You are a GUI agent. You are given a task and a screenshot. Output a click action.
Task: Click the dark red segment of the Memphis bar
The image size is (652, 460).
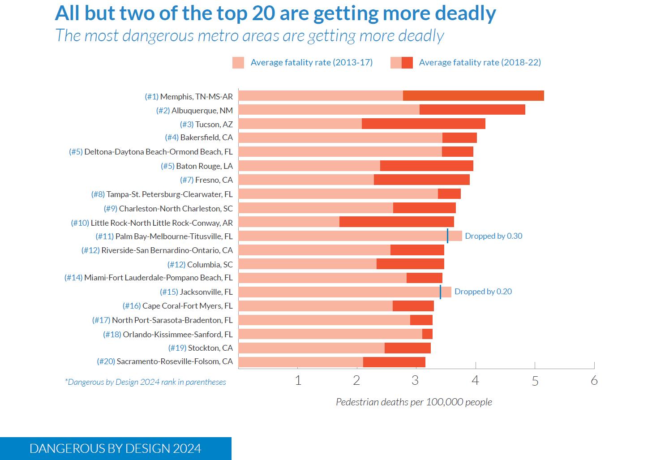click(x=473, y=96)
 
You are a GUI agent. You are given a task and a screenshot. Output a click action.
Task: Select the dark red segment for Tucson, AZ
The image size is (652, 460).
click(x=423, y=124)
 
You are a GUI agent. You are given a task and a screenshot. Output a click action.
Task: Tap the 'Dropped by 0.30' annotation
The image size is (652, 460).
click(x=493, y=236)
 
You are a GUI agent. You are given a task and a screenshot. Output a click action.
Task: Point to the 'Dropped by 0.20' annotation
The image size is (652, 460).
click(x=483, y=292)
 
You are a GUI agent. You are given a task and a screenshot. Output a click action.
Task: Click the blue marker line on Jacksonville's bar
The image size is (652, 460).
click(x=440, y=292)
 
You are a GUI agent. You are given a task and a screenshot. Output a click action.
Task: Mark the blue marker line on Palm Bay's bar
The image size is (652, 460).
click(x=447, y=236)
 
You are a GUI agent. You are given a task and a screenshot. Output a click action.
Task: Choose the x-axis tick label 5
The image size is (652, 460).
click(x=535, y=381)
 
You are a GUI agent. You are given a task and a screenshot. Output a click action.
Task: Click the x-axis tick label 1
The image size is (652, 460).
click(x=298, y=381)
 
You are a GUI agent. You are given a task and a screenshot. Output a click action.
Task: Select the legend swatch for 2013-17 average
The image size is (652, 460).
click(x=238, y=63)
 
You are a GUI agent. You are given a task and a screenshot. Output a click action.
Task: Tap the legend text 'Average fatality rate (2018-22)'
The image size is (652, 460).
click(x=480, y=62)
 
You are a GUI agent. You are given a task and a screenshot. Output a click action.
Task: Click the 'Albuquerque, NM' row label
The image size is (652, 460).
click(x=202, y=110)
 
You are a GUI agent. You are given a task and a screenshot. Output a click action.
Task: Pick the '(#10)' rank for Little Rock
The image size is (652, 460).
click(x=80, y=223)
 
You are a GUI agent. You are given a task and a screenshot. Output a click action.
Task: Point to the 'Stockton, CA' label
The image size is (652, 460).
click(x=210, y=348)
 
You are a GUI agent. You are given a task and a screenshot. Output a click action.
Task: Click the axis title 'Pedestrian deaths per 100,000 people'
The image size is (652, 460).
click(x=414, y=402)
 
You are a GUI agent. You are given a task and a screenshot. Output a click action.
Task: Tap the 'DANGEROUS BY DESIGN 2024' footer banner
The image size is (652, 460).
click(x=116, y=448)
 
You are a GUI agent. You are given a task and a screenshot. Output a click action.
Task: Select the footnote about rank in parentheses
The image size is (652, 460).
click(x=146, y=382)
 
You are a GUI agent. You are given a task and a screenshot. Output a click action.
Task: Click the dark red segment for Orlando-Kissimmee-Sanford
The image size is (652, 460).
click(x=427, y=334)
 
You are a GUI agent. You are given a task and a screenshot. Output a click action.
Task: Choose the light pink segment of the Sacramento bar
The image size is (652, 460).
click(x=300, y=362)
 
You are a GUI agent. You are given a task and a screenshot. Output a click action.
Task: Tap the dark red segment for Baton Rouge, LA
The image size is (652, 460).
click(x=426, y=166)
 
